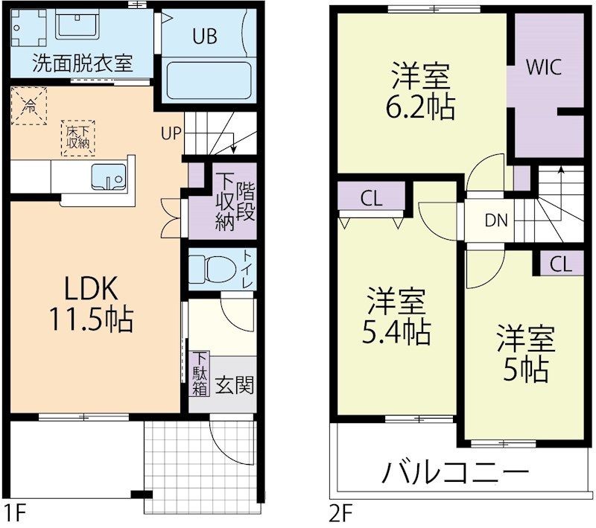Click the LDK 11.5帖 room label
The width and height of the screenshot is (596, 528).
tap(91, 304)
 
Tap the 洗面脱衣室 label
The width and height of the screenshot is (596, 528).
tap(82, 63)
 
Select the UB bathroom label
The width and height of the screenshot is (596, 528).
tap(206, 36)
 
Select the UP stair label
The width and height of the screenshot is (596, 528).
tap(171, 134)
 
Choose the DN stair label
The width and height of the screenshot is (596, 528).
tap(497, 220)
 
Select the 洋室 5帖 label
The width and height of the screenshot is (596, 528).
tap(526, 352)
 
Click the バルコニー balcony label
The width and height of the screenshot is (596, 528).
tap(456, 472)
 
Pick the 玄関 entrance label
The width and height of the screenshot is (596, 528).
tap(234, 385)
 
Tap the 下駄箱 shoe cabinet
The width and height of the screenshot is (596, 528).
tap(199, 375)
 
